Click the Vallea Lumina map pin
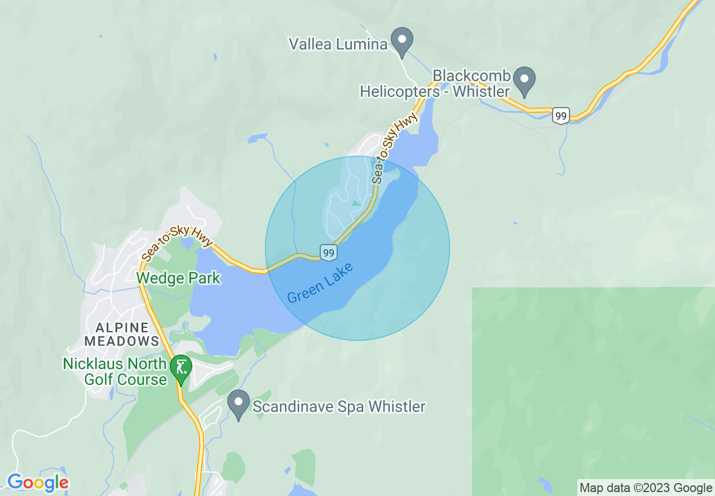pos(402,40)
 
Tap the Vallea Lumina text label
pos(338,44)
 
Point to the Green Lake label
pos(320,283)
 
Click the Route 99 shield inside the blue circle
pos(329,253)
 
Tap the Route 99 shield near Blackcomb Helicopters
pos(560,116)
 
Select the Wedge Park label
pos(178,278)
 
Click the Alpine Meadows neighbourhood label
pos(127,334)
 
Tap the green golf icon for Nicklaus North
pos(181,367)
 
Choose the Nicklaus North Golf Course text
pos(115,371)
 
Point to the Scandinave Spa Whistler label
pos(339,406)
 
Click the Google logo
pos(38,482)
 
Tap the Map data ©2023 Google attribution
pos(646,488)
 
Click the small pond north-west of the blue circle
pos(257,137)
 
